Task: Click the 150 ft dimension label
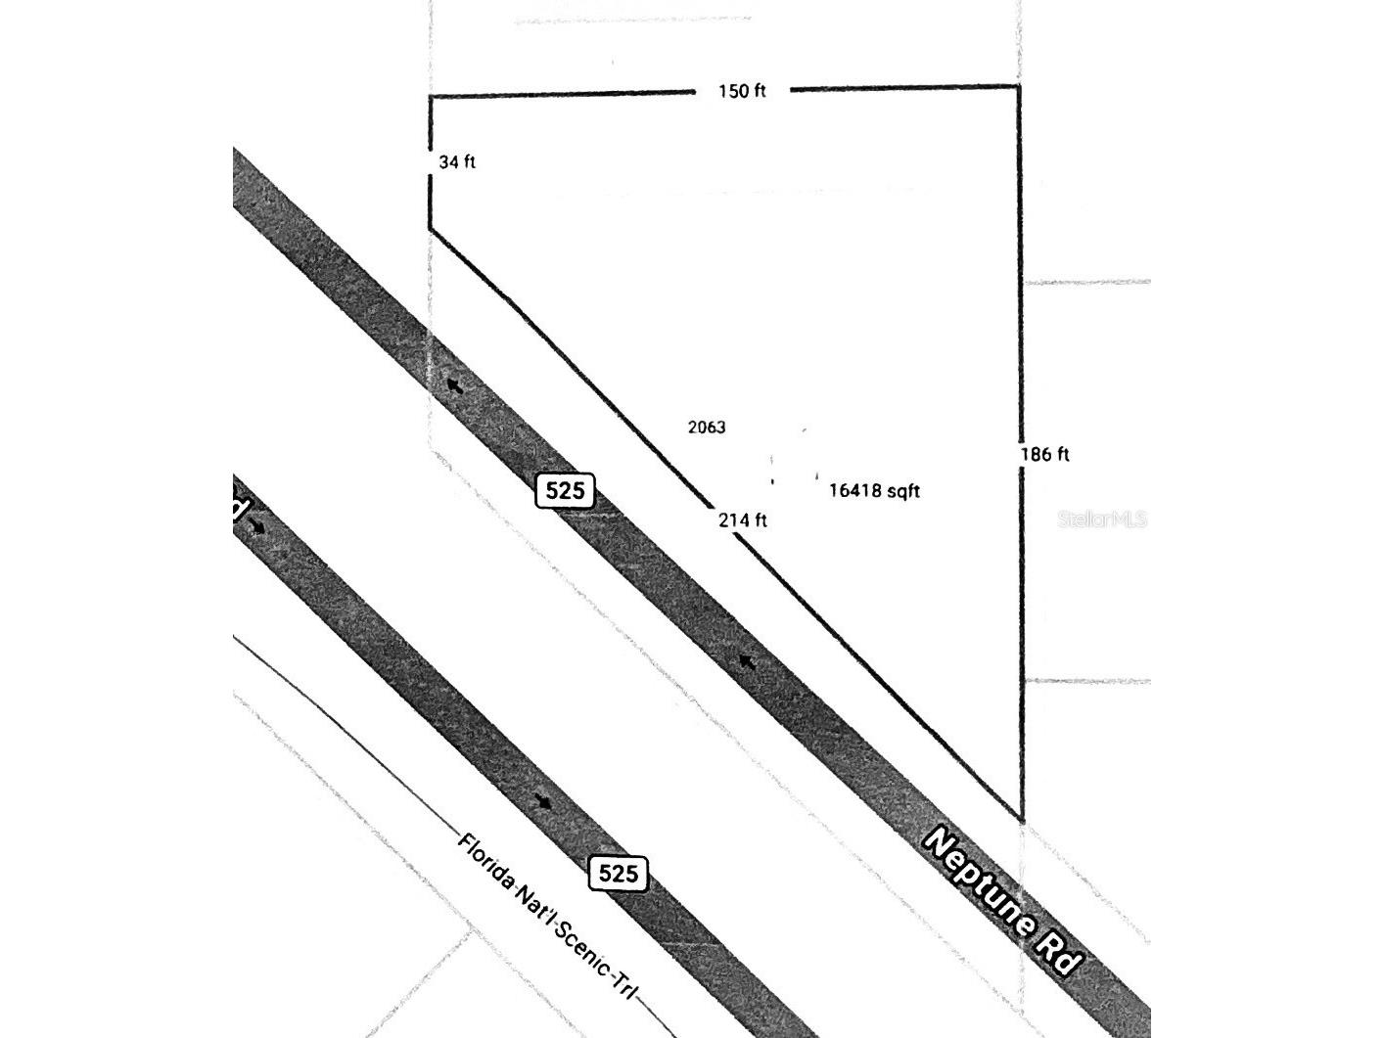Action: [742, 91]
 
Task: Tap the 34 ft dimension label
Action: [457, 162]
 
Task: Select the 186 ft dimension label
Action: [1044, 454]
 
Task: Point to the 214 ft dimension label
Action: [743, 520]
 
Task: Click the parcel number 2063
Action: [707, 428]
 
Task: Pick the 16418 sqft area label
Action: [874, 490]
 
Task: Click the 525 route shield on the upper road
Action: [565, 490]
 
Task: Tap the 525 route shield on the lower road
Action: [618, 874]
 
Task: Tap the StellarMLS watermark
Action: [1102, 519]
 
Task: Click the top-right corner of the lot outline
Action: [1018, 86]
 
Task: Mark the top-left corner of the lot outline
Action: [430, 97]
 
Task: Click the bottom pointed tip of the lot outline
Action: [1022, 821]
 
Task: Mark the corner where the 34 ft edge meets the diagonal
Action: [430, 229]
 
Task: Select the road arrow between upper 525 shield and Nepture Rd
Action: [747, 661]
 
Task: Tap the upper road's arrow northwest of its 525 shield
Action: [454, 385]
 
